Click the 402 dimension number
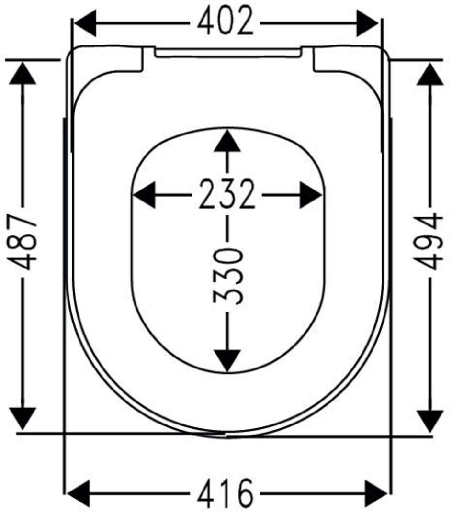tap(226, 21)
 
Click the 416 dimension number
tap(226, 493)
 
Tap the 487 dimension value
tap(23, 242)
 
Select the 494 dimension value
tap(429, 242)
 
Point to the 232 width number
tap(227, 194)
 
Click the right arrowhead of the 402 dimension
tap(367, 23)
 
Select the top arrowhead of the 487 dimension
tap(23, 73)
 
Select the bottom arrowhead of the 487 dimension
tap(23, 418)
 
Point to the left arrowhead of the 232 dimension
tap(144, 195)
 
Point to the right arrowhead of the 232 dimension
tap(311, 195)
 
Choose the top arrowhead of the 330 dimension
tap(227, 141)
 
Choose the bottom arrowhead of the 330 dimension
tap(227, 360)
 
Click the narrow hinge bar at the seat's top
tap(228, 52)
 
